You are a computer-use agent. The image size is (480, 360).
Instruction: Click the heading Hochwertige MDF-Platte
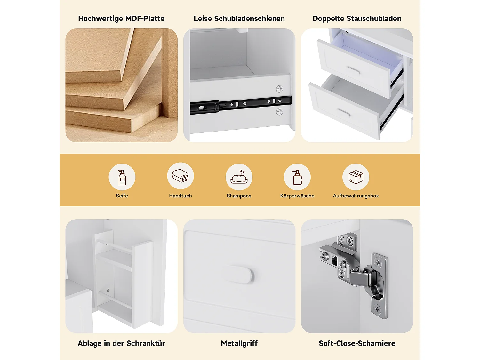pyautogui.click(x=121, y=19)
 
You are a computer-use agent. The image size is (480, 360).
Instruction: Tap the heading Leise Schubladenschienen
pyautogui.click(x=239, y=19)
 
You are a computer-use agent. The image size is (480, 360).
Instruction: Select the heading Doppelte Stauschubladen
pyautogui.click(x=357, y=19)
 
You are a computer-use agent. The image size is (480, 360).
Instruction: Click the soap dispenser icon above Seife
pyautogui.click(x=122, y=177)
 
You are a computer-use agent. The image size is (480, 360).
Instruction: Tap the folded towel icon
pyautogui.click(x=180, y=175)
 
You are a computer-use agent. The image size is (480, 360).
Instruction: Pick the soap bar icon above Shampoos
pyautogui.click(x=239, y=177)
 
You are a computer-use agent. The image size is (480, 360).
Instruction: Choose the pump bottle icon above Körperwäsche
pyautogui.click(x=297, y=177)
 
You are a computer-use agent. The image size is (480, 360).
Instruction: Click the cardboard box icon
pyautogui.click(x=356, y=177)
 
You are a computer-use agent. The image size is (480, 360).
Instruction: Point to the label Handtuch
pyautogui.click(x=180, y=196)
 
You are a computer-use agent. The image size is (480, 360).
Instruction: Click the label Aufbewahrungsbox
pyautogui.click(x=356, y=196)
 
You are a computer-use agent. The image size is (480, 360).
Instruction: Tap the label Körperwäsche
pyautogui.click(x=297, y=196)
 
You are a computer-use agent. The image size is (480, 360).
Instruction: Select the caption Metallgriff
pyautogui.click(x=239, y=343)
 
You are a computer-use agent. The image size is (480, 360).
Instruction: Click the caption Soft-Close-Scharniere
pyautogui.click(x=357, y=343)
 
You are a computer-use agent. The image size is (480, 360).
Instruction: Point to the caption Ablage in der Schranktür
pyautogui.click(x=121, y=343)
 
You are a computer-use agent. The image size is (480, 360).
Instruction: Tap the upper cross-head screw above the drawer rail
pyautogui.click(x=279, y=89)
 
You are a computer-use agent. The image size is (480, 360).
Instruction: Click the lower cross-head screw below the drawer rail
pyautogui.click(x=279, y=112)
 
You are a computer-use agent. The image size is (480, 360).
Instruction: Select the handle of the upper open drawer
pyautogui.click(x=353, y=70)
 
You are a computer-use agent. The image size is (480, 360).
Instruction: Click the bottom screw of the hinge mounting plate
pyautogui.click(x=377, y=309)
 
